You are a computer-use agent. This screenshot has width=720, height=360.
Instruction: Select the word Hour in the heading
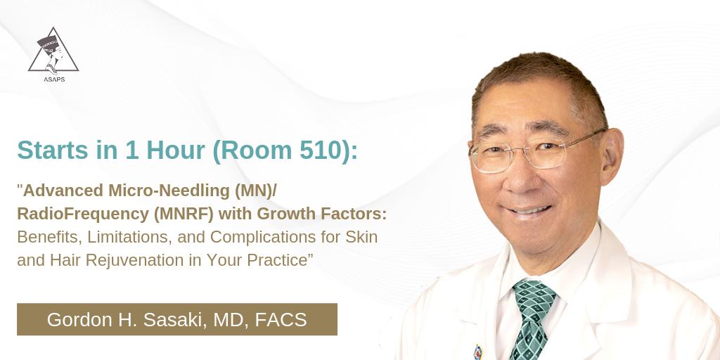tap(167, 150)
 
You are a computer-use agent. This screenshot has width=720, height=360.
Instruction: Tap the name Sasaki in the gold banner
tap(172, 319)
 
